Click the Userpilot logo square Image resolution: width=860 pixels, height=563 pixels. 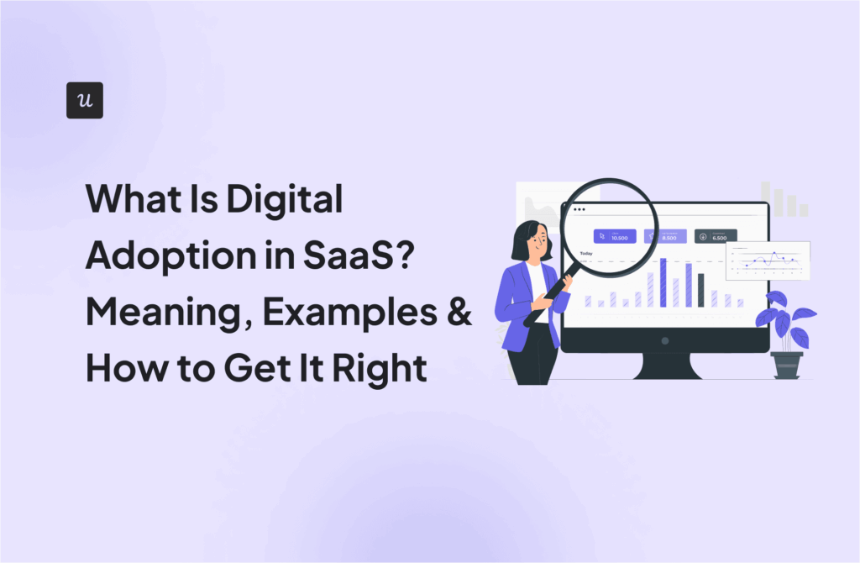pyautogui.click(x=84, y=100)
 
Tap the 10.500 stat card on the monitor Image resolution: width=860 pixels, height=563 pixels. pyautogui.click(x=615, y=236)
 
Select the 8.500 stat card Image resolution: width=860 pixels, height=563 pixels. pyautogui.click(x=665, y=236)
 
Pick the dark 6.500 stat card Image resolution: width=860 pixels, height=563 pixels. pyautogui.click(x=716, y=236)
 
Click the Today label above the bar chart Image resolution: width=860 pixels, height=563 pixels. pyautogui.click(x=586, y=253)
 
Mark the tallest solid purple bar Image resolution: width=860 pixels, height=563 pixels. pyautogui.click(x=663, y=282)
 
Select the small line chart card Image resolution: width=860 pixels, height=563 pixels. pyautogui.click(x=768, y=260)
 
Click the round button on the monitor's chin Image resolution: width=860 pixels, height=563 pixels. pyautogui.click(x=664, y=341)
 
